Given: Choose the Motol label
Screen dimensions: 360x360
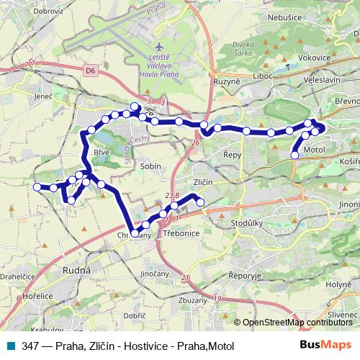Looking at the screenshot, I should tap(315, 149).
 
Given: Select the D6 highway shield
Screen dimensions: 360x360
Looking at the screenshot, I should tap(89, 71).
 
